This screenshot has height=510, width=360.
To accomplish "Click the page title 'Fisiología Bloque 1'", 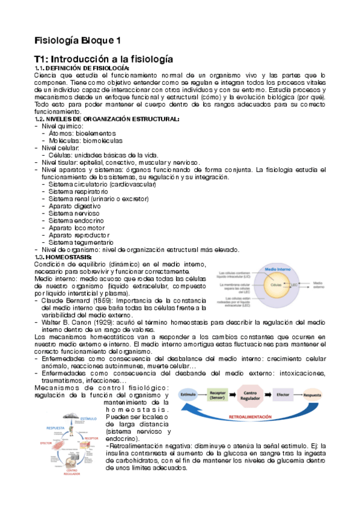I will [x=78, y=40].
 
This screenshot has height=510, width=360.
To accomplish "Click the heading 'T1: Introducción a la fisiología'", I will [x=103, y=60].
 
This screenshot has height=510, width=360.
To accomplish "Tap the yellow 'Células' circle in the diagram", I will [x=276, y=284].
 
